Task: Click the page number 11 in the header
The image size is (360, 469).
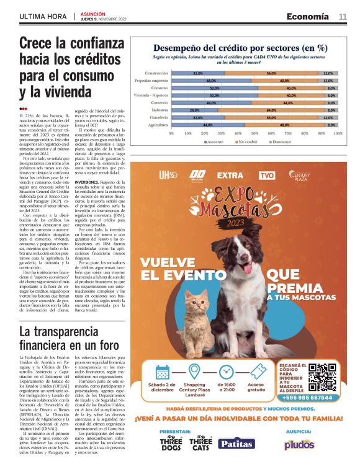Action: coord(343,17)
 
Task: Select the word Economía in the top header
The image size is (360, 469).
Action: coord(308,17)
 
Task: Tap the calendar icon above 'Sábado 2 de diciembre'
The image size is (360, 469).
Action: coord(163,373)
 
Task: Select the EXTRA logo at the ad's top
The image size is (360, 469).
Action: coord(230,176)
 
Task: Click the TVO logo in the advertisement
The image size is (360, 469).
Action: coord(267,176)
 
